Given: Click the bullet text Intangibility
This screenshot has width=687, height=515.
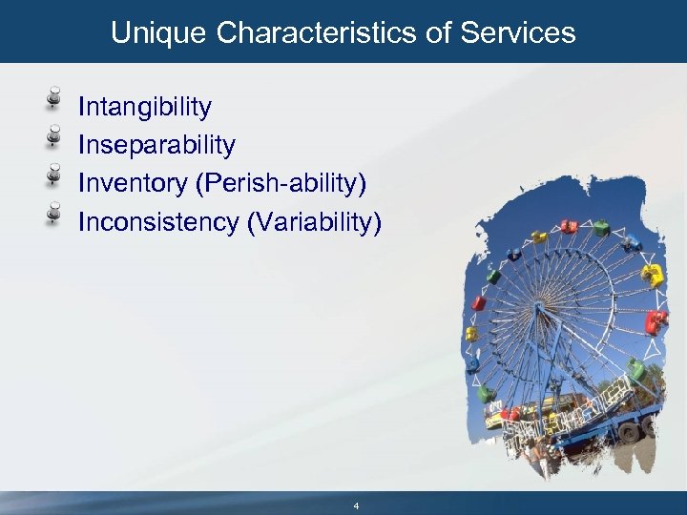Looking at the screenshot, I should point(145,107).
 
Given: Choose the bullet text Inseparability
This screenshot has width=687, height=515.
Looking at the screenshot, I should point(156,145).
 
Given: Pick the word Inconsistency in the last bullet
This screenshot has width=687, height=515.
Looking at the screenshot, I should point(158,222).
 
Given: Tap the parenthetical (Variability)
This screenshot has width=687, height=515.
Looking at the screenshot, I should point(314,222).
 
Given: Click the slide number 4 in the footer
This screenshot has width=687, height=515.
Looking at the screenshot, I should point(356,505).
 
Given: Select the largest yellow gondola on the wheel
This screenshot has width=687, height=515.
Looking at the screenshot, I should point(652,276).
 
